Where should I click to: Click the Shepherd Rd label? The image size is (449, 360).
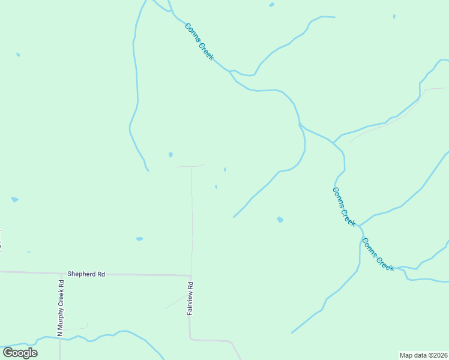pos(86,274)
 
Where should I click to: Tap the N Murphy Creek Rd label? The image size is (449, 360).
pos(60,307)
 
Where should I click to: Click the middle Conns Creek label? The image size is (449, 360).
pos(343,206)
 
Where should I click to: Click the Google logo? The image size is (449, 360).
pos(20,352)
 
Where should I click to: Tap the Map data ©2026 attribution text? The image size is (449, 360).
pos(423,355)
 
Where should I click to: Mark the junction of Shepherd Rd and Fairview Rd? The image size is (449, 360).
pos(190,275)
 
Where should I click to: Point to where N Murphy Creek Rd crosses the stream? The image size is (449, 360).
pos(60,338)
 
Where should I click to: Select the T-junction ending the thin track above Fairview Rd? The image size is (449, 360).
pos(191,166)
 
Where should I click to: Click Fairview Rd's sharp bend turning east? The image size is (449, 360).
pos(191,339)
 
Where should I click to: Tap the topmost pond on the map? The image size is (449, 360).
pos(272,5)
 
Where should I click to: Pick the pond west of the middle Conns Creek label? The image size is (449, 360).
pos(280,220)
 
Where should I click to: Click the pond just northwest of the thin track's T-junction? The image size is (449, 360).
pos(170,155)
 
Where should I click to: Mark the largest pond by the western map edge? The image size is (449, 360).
pos(14,199)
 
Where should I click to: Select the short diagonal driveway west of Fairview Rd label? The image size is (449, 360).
pos(176,302)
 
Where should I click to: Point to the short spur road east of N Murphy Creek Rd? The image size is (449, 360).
pos(76,328)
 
